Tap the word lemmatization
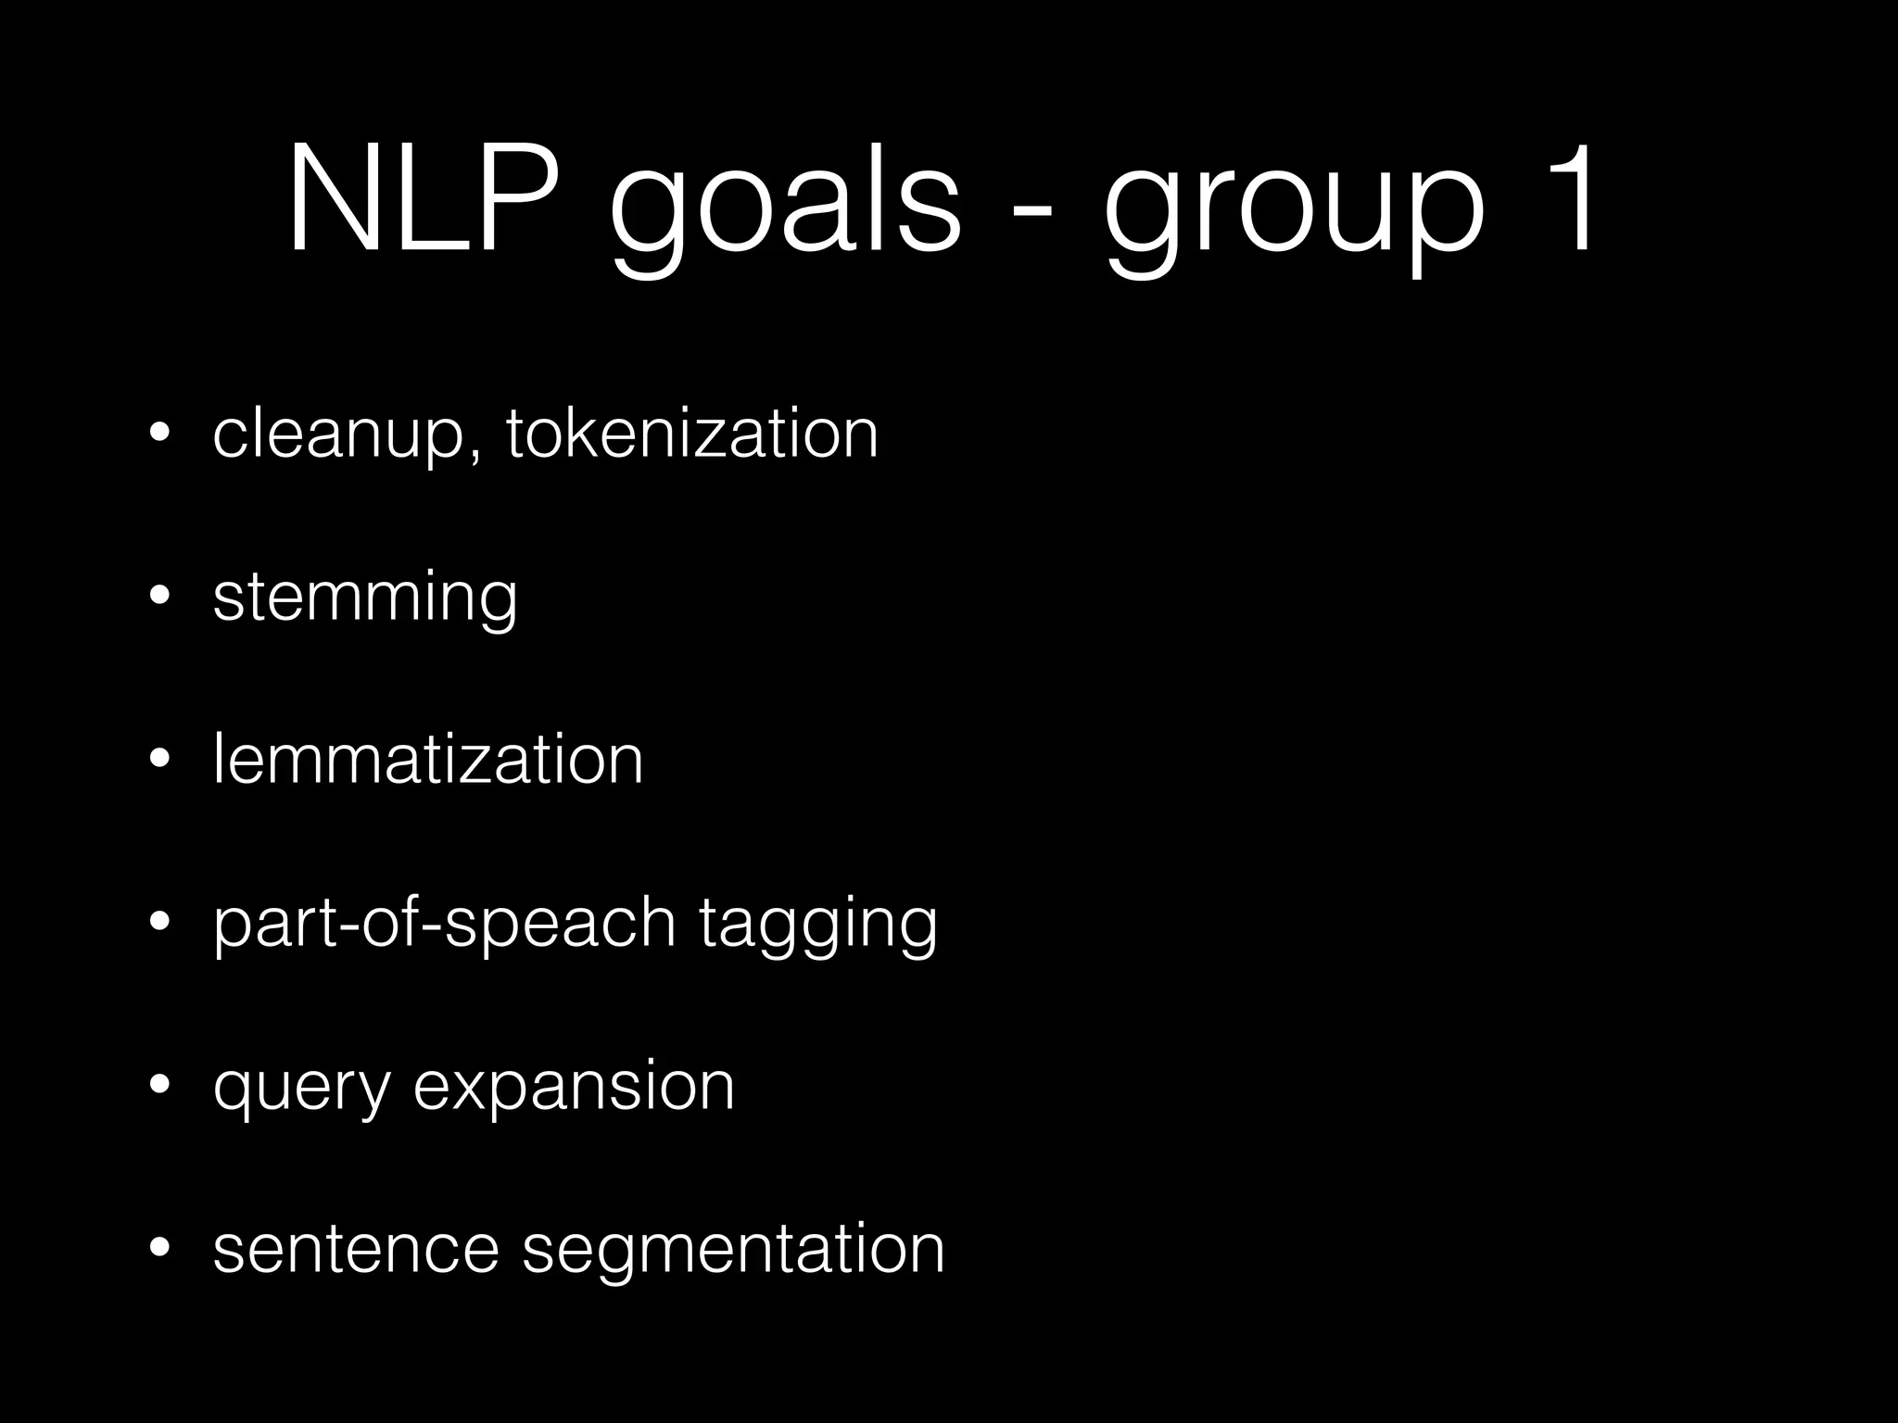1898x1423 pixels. pos(427,759)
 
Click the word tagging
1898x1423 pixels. pos(817,925)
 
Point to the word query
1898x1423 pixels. pos(301,1089)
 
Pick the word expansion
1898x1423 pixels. pos(574,1088)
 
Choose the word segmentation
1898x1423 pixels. pos(733,1250)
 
